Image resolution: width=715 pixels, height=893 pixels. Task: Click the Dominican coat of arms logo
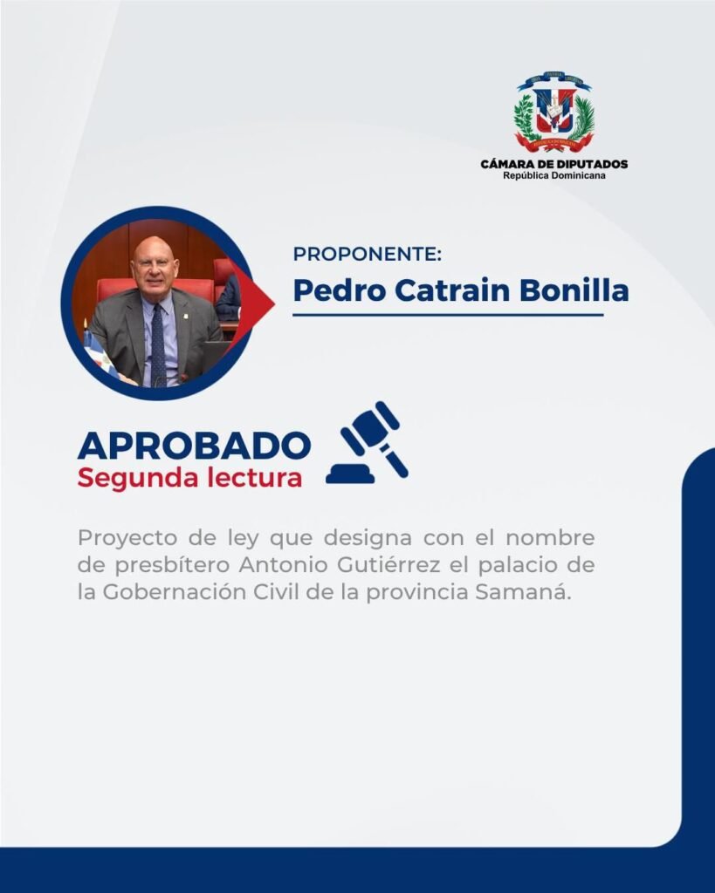pyautogui.click(x=553, y=112)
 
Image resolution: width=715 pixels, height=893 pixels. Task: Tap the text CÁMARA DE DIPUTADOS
pyautogui.click(x=554, y=164)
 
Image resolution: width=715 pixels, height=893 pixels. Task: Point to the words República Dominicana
pyautogui.click(x=554, y=175)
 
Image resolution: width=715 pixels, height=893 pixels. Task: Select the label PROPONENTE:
pyautogui.click(x=368, y=254)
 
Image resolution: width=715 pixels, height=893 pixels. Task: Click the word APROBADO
pyautogui.click(x=195, y=446)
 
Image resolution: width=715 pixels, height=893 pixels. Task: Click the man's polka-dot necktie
pyautogui.click(x=158, y=344)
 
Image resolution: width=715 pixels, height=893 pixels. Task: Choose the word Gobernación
pyautogui.click(x=175, y=593)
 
